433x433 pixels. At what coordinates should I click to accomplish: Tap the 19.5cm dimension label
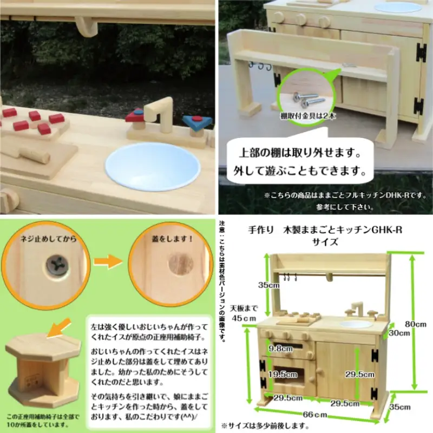(284, 373)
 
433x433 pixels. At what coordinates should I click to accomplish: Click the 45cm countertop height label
(242, 313)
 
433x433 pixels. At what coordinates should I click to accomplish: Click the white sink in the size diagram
(356, 324)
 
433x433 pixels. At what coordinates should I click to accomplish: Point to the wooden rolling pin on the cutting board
(35, 157)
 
